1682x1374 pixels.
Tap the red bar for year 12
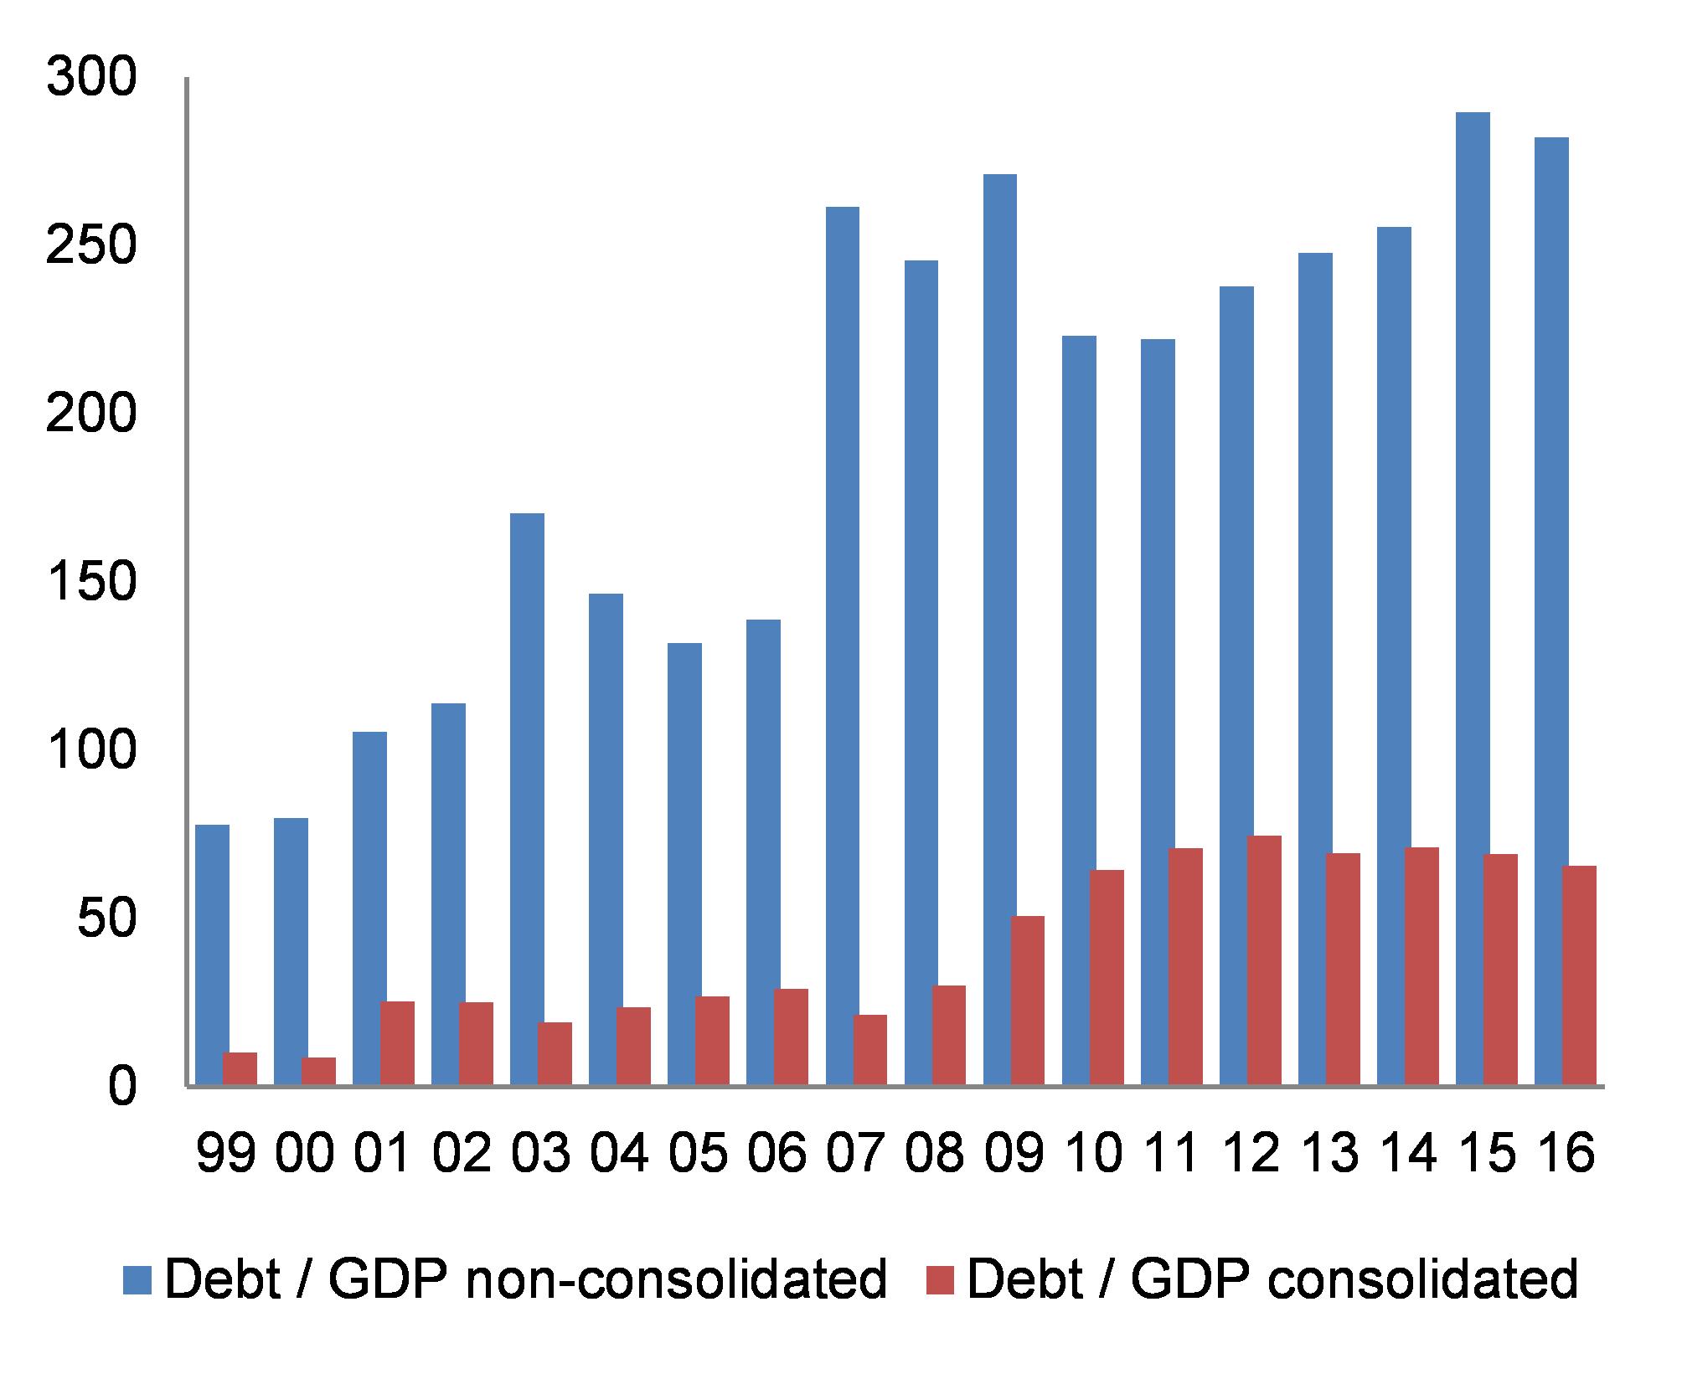pyautogui.click(x=1263, y=961)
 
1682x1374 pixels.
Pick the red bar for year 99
pyautogui.click(x=240, y=1069)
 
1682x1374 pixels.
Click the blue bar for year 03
pyautogui.click(x=527, y=800)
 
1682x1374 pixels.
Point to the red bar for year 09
pyautogui.click(x=1027, y=1001)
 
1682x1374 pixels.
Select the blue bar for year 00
pyautogui.click(x=291, y=952)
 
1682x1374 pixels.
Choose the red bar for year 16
pyautogui.click(x=1579, y=976)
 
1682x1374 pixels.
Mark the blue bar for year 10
pyautogui.click(x=1079, y=711)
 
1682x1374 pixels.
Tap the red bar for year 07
pyautogui.click(x=869, y=1051)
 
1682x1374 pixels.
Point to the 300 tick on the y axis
pyautogui.click(x=90, y=80)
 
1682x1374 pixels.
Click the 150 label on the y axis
pyautogui.click(x=90, y=583)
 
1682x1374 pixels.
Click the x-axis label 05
pyautogui.click(x=699, y=1153)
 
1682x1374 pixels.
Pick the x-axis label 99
pyautogui.click(x=225, y=1153)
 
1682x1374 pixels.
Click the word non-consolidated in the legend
pyautogui.click(x=675, y=1280)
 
